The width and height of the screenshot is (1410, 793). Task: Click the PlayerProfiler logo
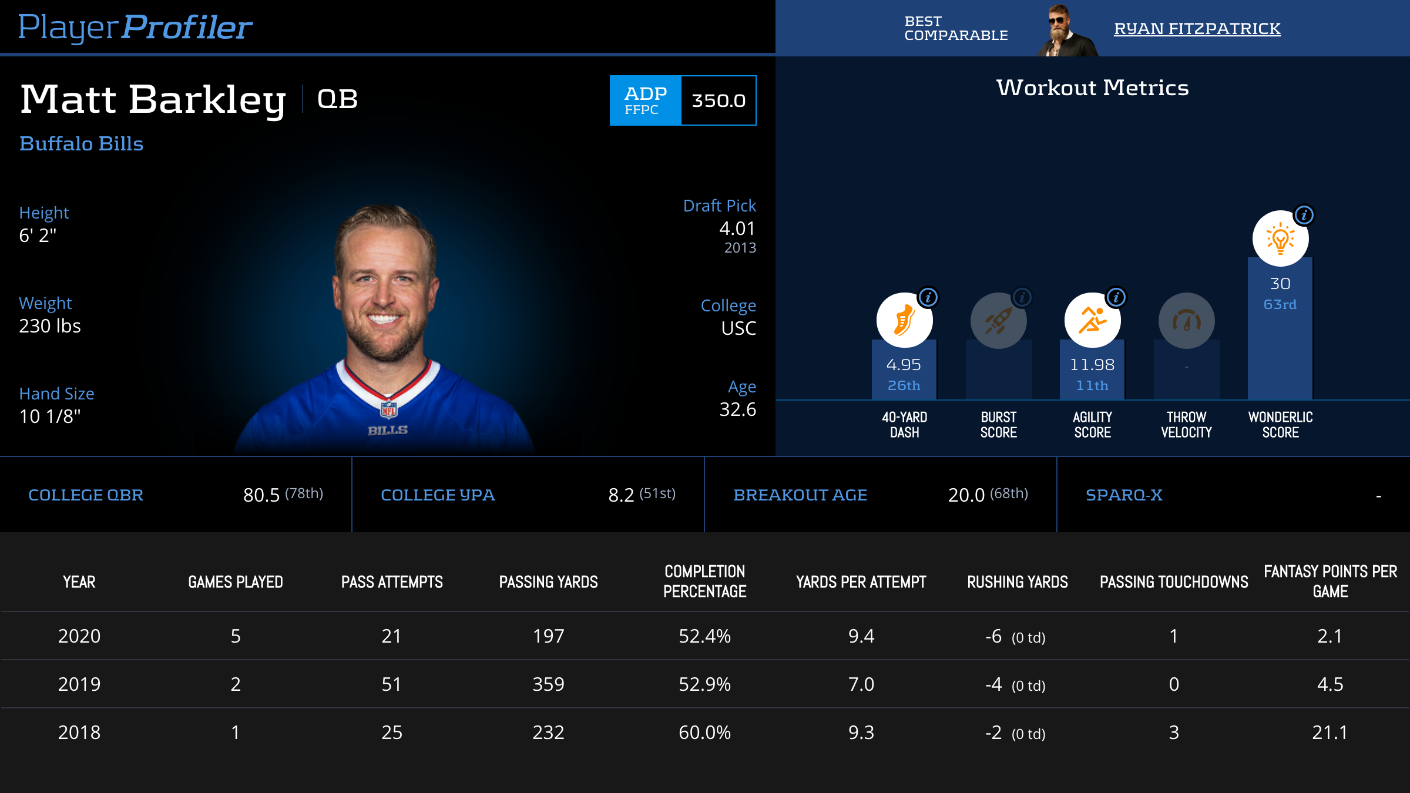pyautogui.click(x=135, y=27)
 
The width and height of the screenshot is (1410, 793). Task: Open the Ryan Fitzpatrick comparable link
pyautogui.click(x=1197, y=28)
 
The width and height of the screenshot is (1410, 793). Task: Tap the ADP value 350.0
pyautogui.click(x=719, y=100)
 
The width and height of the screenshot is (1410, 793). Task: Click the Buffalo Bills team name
pyautogui.click(x=81, y=144)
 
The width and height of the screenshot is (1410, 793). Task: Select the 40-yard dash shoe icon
pyautogui.click(x=904, y=321)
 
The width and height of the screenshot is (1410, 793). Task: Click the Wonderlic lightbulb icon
pyautogui.click(x=1280, y=239)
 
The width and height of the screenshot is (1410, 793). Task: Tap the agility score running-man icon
pyautogui.click(x=1092, y=321)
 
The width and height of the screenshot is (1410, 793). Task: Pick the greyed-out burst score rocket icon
pyautogui.click(x=998, y=321)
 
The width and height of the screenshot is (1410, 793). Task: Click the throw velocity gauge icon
pyautogui.click(x=1186, y=321)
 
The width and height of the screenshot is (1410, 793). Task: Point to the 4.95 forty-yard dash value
pyautogui.click(x=904, y=365)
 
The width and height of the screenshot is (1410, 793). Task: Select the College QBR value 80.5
pyautogui.click(x=261, y=495)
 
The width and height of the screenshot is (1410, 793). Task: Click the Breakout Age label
pyautogui.click(x=800, y=495)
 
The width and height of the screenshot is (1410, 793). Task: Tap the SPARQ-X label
pyautogui.click(x=1124, y=495)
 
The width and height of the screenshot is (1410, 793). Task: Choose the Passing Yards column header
pyautogui.click(x=548, y=582)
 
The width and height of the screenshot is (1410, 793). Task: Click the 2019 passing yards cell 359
pyautogui.click(x=548, y=684)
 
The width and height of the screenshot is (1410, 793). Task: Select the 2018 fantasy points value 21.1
pyautogui.click(x=1330, y=732)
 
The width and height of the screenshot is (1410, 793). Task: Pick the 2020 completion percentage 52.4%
pyautogui.click(x=704, y=636)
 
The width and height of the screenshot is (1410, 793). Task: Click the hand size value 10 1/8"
pyautogui.click(x=50, y=416)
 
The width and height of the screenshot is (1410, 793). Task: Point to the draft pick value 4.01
pyautogui.click(x=737, y=229)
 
